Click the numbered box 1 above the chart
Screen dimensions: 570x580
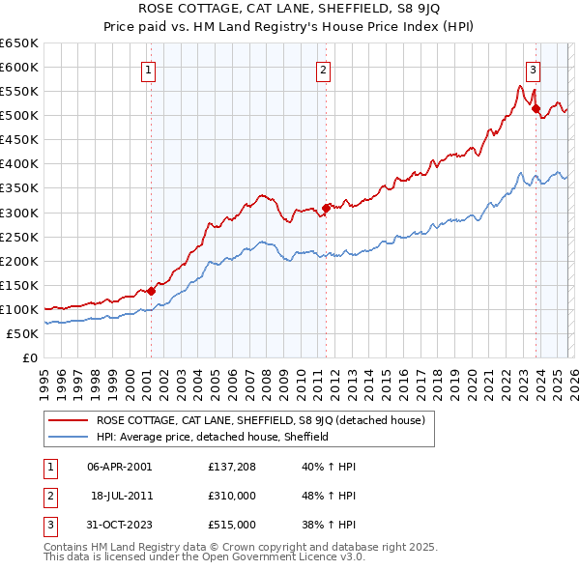(149, 70)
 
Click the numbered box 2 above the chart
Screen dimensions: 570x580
(322, 70)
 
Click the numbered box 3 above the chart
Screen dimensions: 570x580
(533, 70)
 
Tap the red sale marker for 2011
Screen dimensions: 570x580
(326, 207)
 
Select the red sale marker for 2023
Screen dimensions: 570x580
(536, 108)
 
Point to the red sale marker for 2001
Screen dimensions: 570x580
(151, 291)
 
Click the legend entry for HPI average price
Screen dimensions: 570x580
(213, 437)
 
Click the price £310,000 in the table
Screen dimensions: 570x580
(231, 496)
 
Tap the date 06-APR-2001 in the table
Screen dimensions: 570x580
(119, 467)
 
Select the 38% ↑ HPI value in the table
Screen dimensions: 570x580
(329, 525)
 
